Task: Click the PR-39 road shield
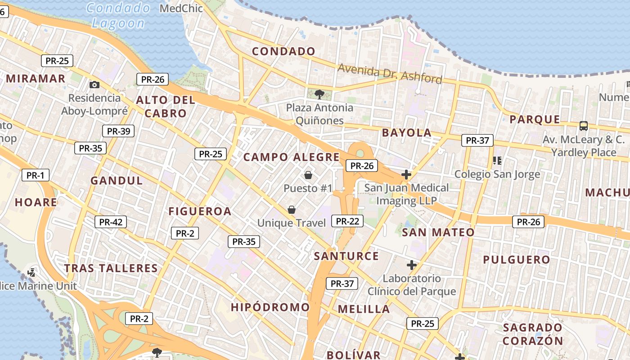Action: (118, 131)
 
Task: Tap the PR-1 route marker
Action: (36, 175)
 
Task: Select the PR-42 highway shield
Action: (111, 222)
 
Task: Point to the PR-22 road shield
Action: (347, 221)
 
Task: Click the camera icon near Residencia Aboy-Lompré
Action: (94, 85)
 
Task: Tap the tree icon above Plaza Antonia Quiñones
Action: (319, 94)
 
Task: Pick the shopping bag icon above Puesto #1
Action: (308, 175)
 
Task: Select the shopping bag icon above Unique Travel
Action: (292, 209)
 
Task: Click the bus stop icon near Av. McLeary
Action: (584, 126)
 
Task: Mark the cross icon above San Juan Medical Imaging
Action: (406, 174)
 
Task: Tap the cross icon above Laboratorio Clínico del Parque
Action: (411, 265)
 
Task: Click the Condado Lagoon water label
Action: (118, 15)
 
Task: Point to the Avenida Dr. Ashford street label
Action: (390, 73)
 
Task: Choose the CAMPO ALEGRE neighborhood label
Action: (292, 157)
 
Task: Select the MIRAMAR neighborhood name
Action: (36, 79)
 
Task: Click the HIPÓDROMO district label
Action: (270, 307)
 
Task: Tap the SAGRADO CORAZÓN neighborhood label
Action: (533, 334)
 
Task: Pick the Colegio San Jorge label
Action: (497, 174)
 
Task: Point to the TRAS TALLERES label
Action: (111, 269)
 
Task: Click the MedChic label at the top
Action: (181, 8)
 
